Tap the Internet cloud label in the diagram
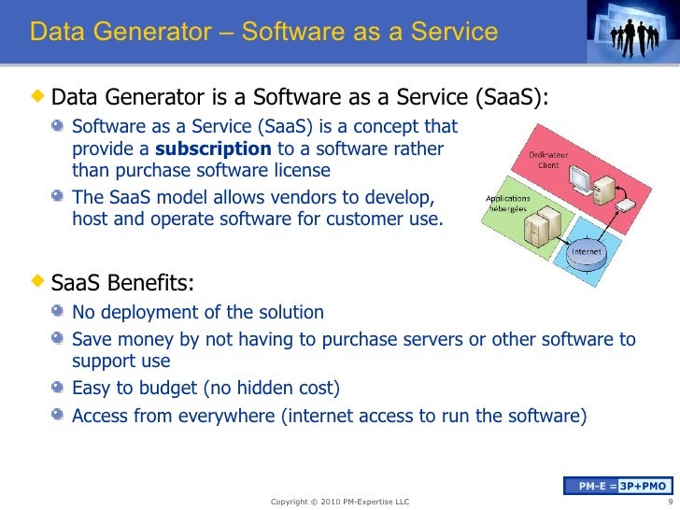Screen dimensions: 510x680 point(586,250)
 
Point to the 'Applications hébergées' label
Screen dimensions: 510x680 point(507,205)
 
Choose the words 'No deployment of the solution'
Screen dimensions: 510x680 point(198,313)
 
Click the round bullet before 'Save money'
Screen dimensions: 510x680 point(59,338)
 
